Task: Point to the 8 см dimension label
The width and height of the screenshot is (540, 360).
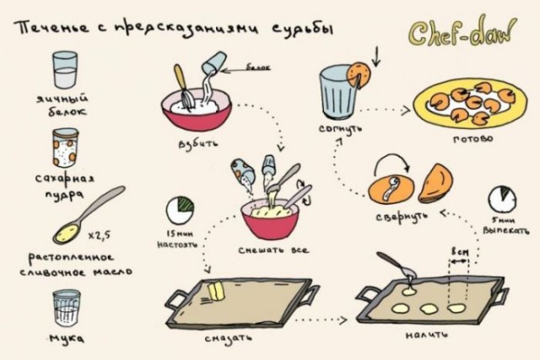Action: tap(459, 251)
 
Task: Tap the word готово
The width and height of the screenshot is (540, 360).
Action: tap(472, 138)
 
